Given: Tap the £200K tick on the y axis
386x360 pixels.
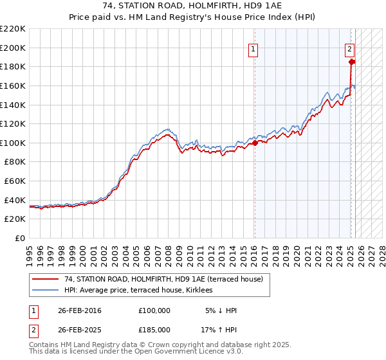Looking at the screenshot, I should pyautogui.click(x=13, y=48).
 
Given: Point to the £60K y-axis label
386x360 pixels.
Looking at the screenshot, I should pyautogui.click(x=15, y=181).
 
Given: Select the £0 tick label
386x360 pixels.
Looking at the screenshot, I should pyautogui.click(x=20, y=239).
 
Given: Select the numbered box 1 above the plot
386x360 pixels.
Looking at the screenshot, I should pyautogui.click(x=253, y=49).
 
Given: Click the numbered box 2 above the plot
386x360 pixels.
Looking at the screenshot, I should pyautogui.click(x=349, y=49).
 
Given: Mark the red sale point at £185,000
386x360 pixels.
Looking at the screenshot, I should pyautogui.click(x=352, y=62).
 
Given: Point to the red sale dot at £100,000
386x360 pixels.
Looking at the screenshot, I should pyautogui.click(x=255, y=143).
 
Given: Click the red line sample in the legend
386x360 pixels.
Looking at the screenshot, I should pyautogui.click(x=45, y=279).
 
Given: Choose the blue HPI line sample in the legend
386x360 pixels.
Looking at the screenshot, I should pyautogui.click(x=45, y=290).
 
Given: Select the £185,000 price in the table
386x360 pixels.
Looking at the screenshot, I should pyautogui.click(x=154, y=330).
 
